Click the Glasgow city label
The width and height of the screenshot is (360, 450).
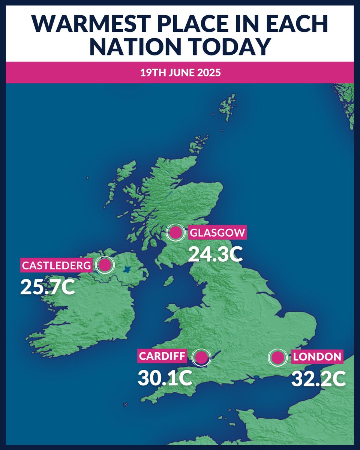[x=217, y=233]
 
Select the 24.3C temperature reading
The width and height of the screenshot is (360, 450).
[x=215, y=254]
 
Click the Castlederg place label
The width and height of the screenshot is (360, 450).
[x=57, y=265]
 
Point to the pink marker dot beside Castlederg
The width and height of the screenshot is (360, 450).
[x=105, y=265]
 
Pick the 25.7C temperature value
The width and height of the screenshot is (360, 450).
[x=48, y=287]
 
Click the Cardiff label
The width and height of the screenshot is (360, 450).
[x=163, y=356]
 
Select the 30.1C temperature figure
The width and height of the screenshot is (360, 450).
[x=165, y=378]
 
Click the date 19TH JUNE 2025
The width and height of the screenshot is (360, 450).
[x=180, y=72]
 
